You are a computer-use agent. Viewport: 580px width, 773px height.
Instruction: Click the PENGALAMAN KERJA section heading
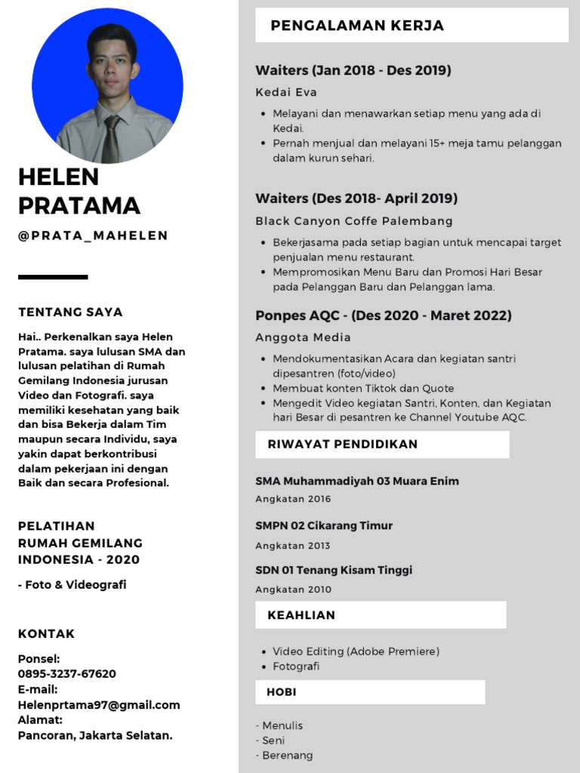coord(357,26)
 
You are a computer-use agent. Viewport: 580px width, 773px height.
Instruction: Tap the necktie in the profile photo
coord(111,140)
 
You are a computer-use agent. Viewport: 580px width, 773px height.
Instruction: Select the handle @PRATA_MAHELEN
coord(93,236)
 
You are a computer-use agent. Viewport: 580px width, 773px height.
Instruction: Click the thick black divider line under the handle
coord(53,277)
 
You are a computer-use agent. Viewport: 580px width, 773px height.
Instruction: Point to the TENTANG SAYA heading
coord(70,312)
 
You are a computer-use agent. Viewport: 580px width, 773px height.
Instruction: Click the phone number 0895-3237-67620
coord(67,673)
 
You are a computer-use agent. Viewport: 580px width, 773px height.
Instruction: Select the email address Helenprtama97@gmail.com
coord(99,705)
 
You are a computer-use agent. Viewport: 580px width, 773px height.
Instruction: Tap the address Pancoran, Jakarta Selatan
coord(95,735)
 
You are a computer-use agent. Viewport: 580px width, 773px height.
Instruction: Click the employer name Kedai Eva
coord(285,93)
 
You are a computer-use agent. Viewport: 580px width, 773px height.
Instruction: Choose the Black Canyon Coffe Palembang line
coord(353,221)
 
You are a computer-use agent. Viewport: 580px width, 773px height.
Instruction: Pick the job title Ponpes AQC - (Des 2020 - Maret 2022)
coord(383,315)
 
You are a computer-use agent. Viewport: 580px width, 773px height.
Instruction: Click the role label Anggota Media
coord(303,337)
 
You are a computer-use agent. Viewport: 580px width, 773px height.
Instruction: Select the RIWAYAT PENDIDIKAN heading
coord(342,444)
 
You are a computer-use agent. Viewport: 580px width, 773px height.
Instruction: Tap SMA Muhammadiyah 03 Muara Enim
coord(356,481)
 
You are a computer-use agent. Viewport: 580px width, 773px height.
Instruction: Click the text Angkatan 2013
coord(293,546)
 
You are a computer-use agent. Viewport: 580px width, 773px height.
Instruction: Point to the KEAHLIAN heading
coord(301,615)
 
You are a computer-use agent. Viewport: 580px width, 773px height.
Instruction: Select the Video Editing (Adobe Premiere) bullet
coord(356,651)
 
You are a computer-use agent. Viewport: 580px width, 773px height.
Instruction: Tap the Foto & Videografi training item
coord(72,585)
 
